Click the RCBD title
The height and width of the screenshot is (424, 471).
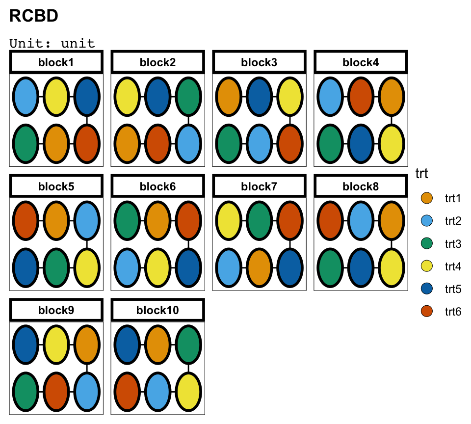pos(34,16)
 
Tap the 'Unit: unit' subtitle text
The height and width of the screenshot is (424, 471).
pos(52,44)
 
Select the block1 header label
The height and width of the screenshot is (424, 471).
pos(56,62)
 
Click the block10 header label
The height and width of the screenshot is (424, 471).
pos(157,310)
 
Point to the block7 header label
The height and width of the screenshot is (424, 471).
pos(259,186)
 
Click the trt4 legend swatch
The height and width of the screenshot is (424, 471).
pos(426,266)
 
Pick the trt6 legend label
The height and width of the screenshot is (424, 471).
pos(453,312)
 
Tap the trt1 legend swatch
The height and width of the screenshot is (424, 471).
pos(426,198)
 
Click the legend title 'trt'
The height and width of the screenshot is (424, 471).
pos(422,174)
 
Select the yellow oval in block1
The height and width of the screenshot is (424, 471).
pos(56,97)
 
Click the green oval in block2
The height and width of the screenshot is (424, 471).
pos(188,97)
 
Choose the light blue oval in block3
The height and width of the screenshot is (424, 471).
pos(259,144)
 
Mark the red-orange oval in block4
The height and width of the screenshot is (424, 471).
pos(361,97)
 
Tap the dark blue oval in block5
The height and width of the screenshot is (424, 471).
pos(26,268)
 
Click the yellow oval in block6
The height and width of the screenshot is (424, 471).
pos(157,268)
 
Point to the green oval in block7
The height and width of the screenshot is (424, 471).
pos(259,220)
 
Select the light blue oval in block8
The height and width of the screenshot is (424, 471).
pos(361,220)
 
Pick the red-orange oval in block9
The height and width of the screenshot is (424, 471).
pos(56,392)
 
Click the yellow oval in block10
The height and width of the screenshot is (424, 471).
pos(188,392)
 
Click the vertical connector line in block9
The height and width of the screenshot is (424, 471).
pos(87,368)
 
